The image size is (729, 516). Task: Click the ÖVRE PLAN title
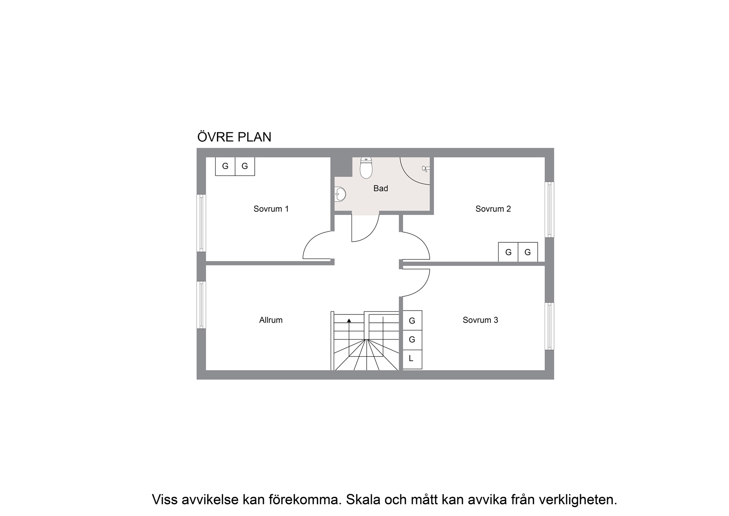pos(234,137)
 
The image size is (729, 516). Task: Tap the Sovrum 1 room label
pos(271,209)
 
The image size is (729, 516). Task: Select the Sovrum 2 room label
pos(493,209)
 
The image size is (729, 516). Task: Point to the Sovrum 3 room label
pos(480,320)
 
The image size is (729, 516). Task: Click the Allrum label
pos(271,320)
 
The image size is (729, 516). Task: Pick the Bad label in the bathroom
pos(381,189)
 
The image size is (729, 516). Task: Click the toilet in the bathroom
pos(366,168)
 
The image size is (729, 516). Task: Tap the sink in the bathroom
pos(340,194)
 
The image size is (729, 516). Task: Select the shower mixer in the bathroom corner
pos(426,169)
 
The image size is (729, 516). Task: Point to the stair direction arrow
pos(349,321)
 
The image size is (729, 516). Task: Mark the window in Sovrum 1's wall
pos(201,223)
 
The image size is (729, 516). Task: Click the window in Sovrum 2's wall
pos(549,209)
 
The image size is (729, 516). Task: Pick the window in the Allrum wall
pos(201,305)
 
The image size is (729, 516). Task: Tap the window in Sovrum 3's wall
pos(549,326)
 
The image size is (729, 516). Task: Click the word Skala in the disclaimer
pos(364,499)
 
